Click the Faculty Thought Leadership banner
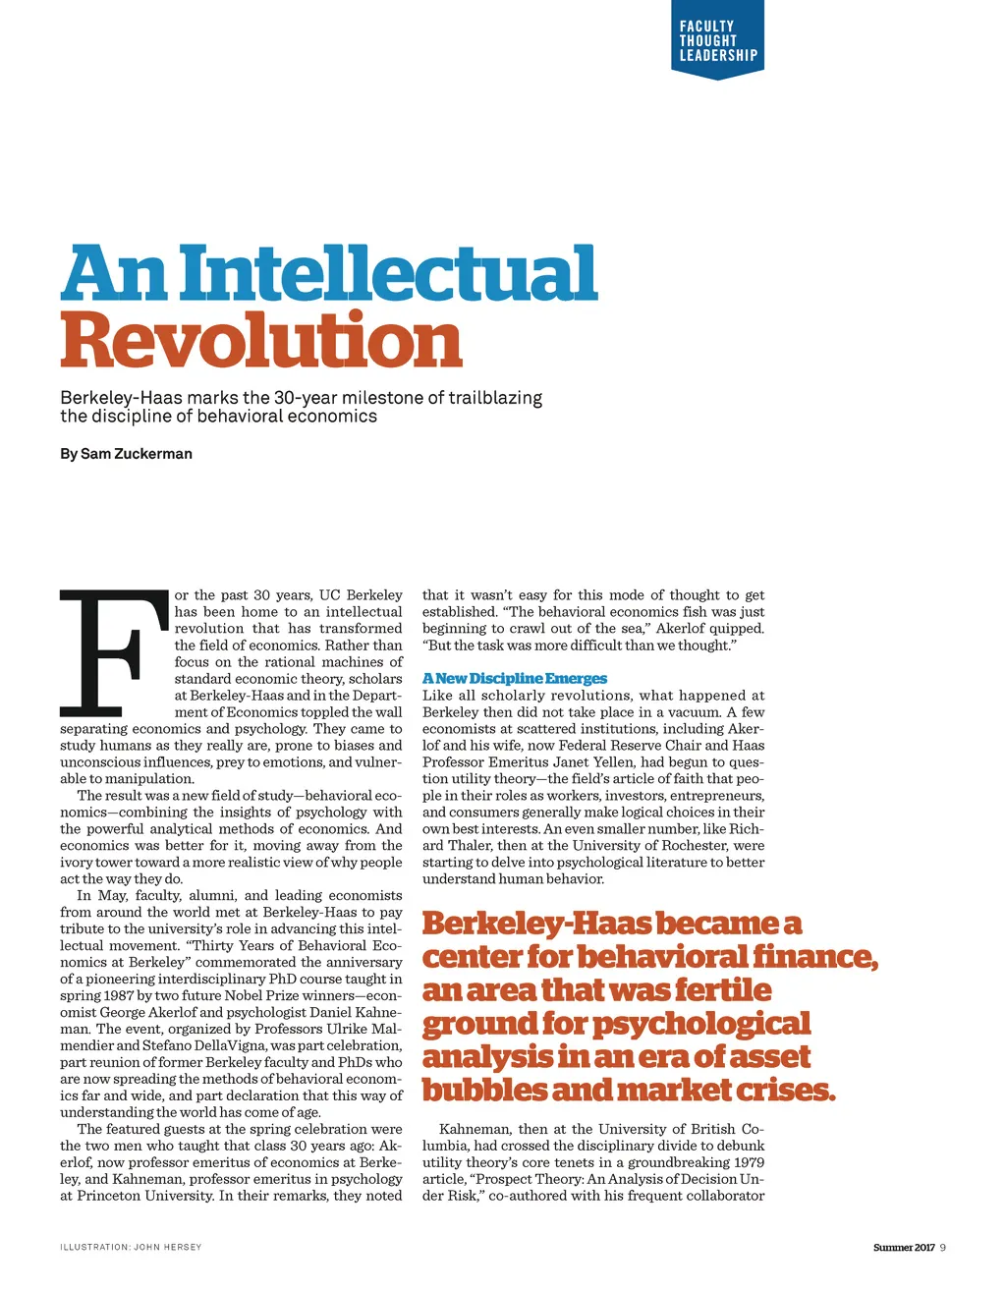pyautogui.click(x=717, y=41)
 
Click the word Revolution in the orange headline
pyautogui.click(x=261, y=340)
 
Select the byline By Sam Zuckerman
pyautogui.click(x=126, y=454)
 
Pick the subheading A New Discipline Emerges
pyautogui.click(x=515, y=679)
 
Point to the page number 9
pyautogui.click(x=943, y=1248)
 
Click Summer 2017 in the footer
pyautogui.click(x=904, y=1248)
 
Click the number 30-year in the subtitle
pyautogui.click(x=300, y=398)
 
